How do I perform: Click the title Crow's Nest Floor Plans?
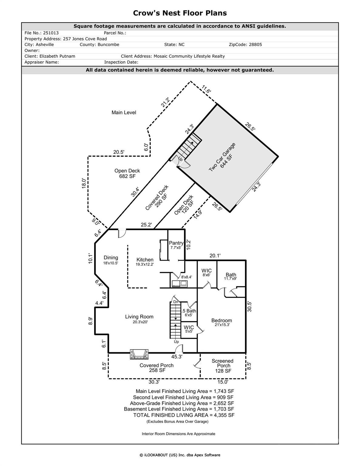point(180,13)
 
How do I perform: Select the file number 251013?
point(50,33)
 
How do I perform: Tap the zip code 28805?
point(255,45)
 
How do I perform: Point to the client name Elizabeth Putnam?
point(57,56)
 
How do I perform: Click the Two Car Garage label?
point(222,157)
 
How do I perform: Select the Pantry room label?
point(176,243)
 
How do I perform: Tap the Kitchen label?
point(145,260)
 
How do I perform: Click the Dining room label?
point(111,258)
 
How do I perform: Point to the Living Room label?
point(139,317)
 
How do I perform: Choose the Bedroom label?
point(221,320)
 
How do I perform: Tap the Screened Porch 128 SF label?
point(223,366)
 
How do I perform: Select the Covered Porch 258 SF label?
point(156,368)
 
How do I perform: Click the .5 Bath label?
point(189,311)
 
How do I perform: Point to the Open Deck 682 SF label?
point(127,173)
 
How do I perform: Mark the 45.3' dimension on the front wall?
point(177,357)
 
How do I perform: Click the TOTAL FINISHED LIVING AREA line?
point(184,415)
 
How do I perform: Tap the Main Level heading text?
point(124,113)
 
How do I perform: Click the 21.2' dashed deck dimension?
point(165,102)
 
